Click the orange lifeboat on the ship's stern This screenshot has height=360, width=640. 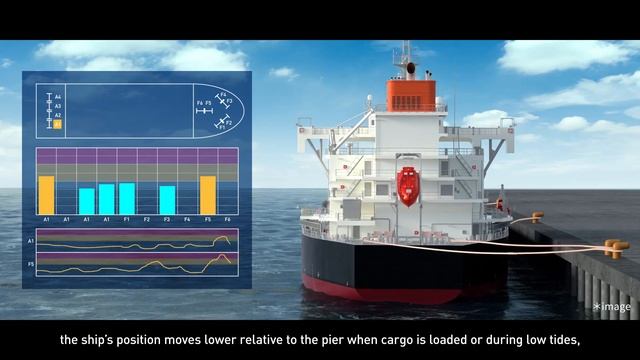407,186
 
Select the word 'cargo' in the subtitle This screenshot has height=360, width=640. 377,340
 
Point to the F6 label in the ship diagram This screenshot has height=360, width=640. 200,103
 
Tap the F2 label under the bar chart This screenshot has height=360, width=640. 147,218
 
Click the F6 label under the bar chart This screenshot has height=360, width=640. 227,218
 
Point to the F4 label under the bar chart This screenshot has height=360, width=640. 187,218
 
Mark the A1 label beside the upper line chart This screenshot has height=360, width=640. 30,241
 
